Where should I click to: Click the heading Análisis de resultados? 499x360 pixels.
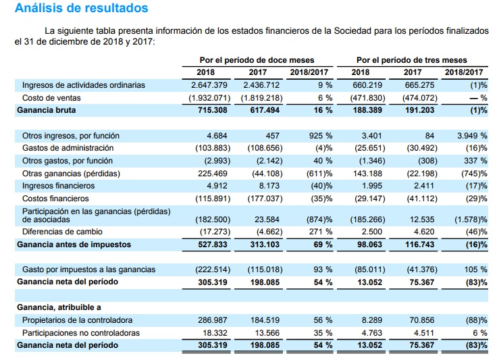click(81, 9)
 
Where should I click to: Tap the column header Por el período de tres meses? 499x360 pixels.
click(411, 60)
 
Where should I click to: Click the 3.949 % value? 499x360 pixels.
click(472, 136)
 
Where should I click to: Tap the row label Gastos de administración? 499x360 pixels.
click(68, 148)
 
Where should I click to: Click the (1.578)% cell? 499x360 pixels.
click(469, 220)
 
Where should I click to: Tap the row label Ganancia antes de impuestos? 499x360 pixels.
click(74, 244)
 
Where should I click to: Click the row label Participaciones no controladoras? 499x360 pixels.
click(81, 333)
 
